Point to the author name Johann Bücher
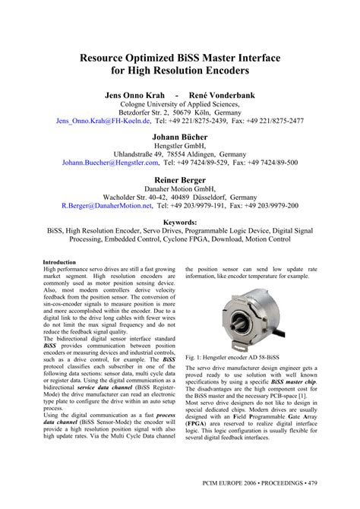point(180,138)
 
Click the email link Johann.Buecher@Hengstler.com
point(110,162)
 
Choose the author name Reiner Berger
point(180,181)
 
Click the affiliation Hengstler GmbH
point(180,150)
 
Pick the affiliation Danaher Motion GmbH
point(180,193)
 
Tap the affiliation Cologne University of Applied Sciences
point(180,108)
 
